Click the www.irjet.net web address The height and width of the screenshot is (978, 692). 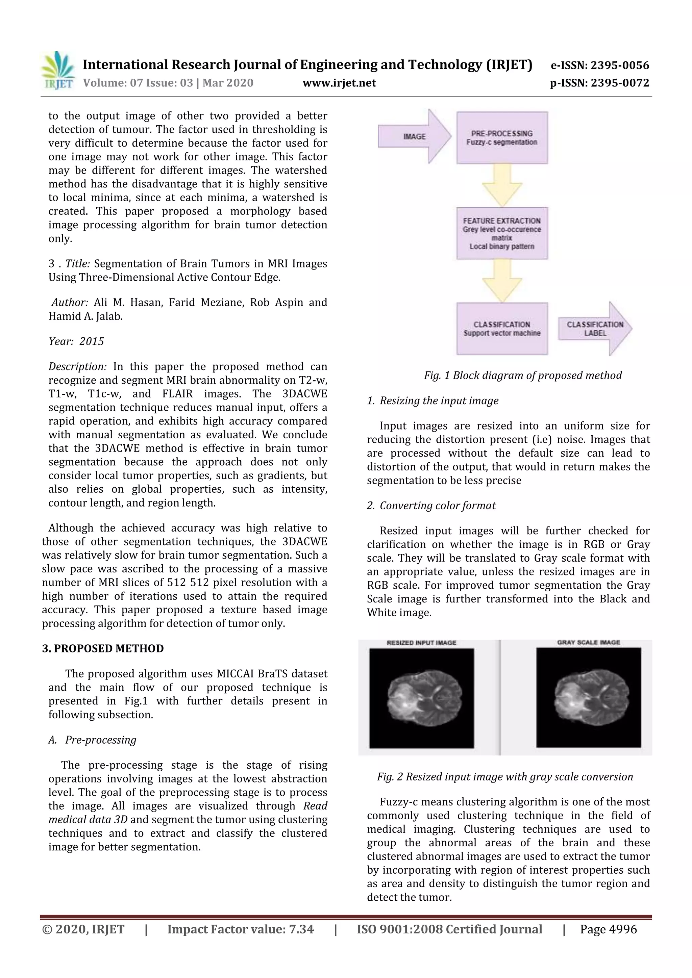[x=339, y=83]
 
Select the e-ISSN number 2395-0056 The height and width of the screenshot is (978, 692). [x=600, y=65]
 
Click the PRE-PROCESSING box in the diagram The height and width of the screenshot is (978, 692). [x=501, y=137]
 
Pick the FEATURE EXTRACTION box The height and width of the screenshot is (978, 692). [x=501, y=233]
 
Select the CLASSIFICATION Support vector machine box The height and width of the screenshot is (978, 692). [x=501, y=328]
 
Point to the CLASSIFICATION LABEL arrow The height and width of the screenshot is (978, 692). [x=594, y=328]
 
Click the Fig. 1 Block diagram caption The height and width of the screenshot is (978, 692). [x=522, y=375]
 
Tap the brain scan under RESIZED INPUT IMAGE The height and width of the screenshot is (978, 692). [x=421, y=699]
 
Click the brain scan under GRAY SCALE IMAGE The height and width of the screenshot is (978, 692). [x=589, y=699]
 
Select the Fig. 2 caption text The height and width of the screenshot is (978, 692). [x=504, y=776]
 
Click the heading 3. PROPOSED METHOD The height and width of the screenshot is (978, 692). [x=103, y=648]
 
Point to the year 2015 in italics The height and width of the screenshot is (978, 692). [x=92, y=341]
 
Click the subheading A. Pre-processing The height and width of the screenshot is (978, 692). [x=93, y=740]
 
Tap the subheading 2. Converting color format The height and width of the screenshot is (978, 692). [x=431, y=506]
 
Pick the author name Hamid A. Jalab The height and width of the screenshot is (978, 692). [x=85, y=316]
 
